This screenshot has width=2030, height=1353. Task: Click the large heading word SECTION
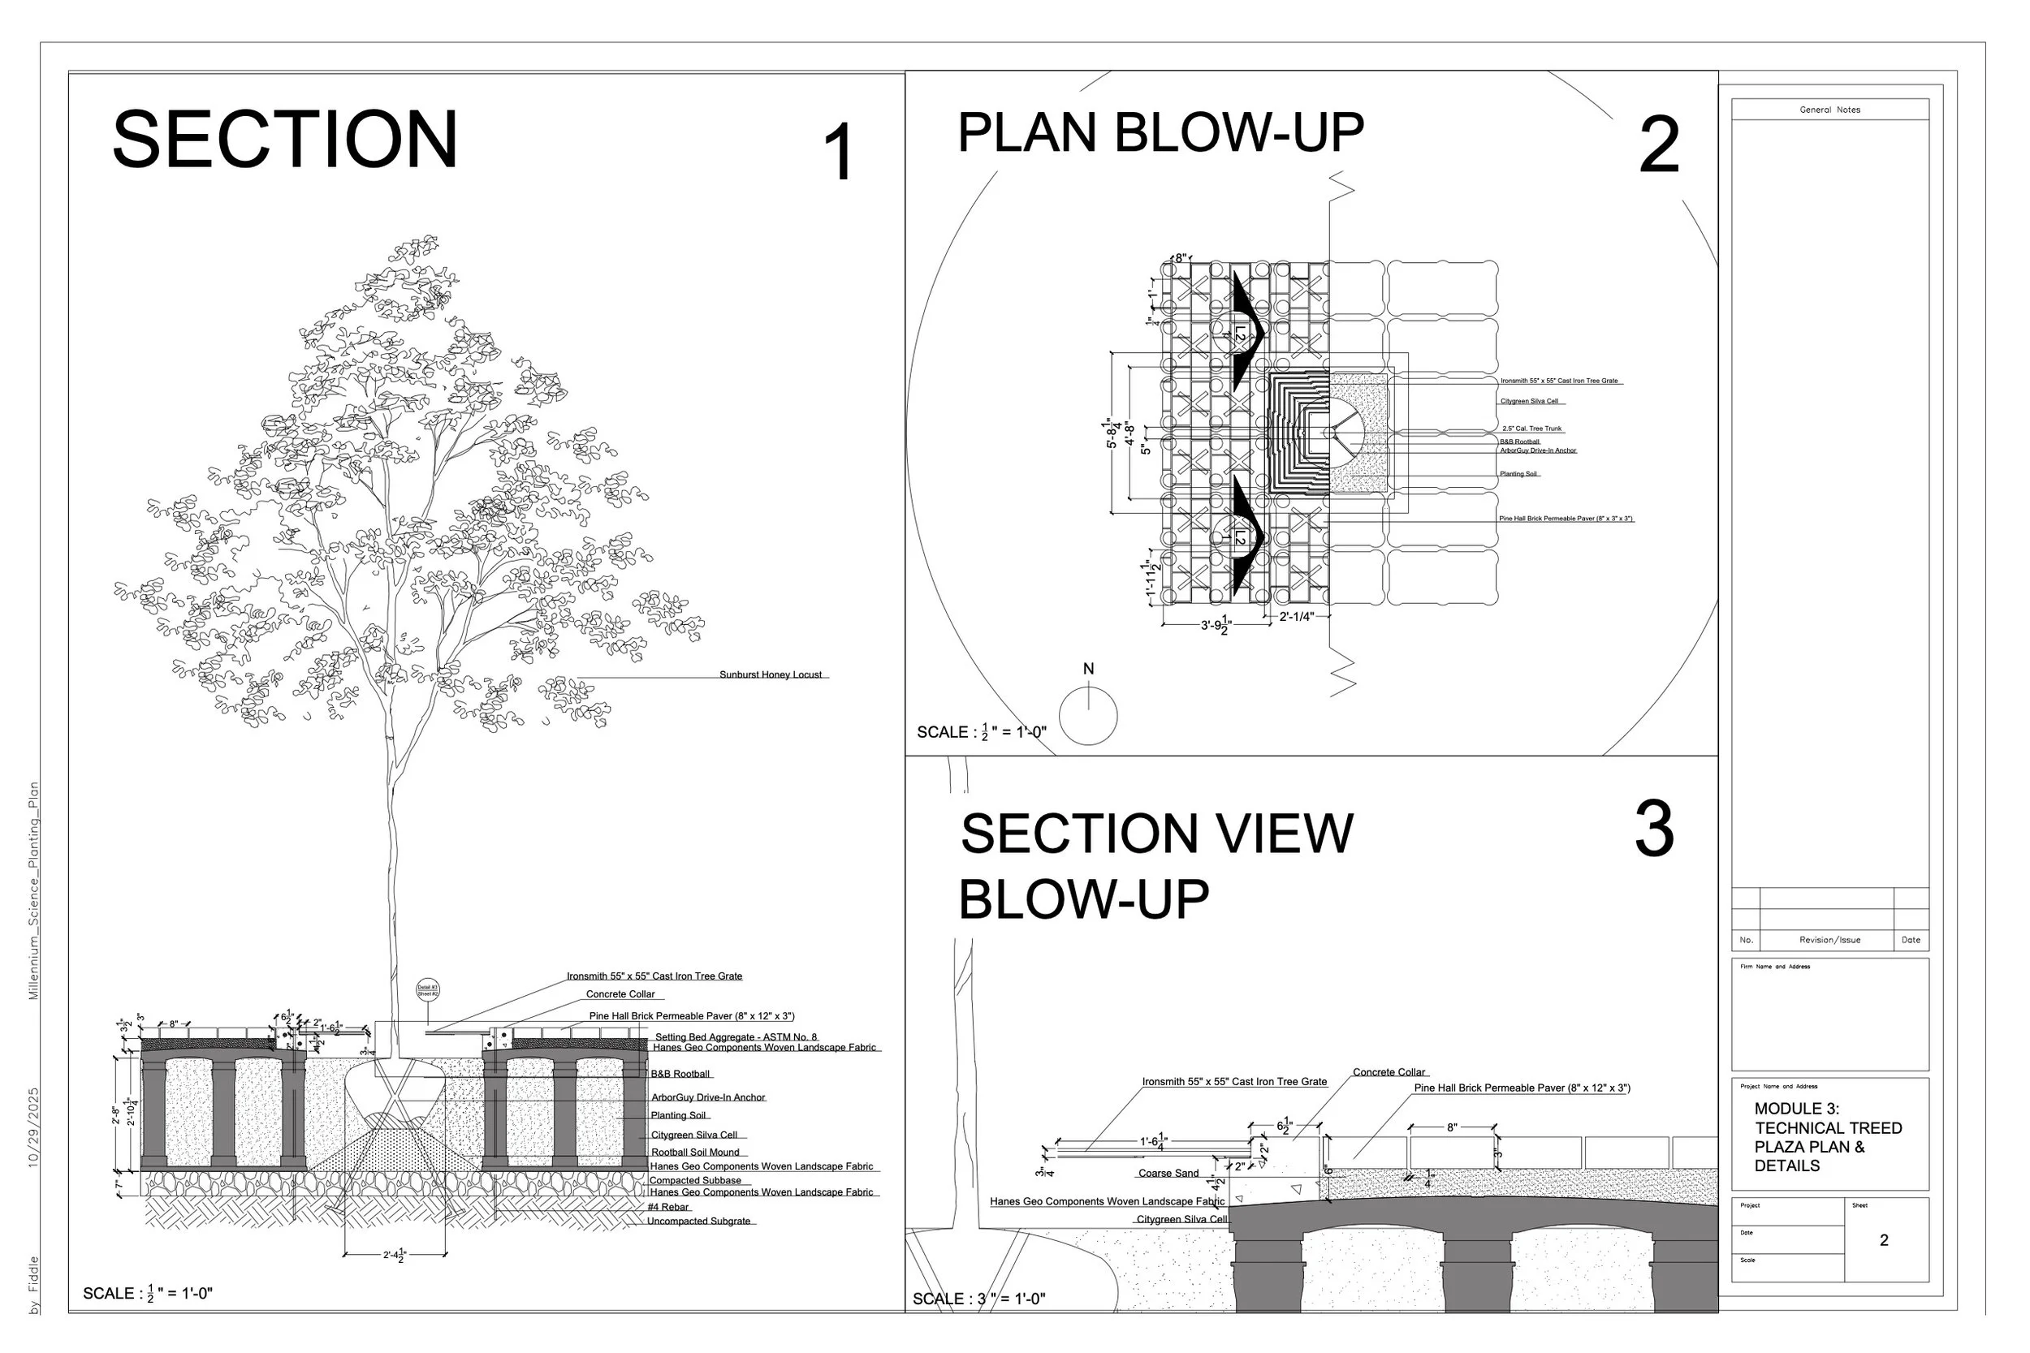(x=285, y=140)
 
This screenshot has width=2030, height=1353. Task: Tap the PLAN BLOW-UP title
(x=1161, y=133)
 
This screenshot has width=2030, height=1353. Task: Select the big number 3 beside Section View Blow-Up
(x=1654, y=829)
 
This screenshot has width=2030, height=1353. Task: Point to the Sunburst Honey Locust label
(x=771, y=674)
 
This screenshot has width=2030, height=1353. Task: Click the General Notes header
(x=1829, y=110)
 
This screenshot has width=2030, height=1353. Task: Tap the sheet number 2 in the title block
(x=1883, y=1240)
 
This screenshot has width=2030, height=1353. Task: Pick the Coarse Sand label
(x=1168, y=1173)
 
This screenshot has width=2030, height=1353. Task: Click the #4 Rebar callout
(x=668, y=1207)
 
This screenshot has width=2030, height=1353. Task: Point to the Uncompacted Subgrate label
(x=698, y=1221)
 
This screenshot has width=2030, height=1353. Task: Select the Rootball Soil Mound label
(x=695, y=1152)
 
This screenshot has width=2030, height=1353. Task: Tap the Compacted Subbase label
(x=695, y=1180)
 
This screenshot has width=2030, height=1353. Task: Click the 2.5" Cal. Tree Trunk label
(x=1531, y=429)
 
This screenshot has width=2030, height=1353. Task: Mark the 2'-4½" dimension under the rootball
(x=395, y=1256)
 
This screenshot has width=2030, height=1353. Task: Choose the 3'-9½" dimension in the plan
(x=1216, y=625)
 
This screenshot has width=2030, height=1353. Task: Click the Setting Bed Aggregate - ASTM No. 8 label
(x=736, y=1037)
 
